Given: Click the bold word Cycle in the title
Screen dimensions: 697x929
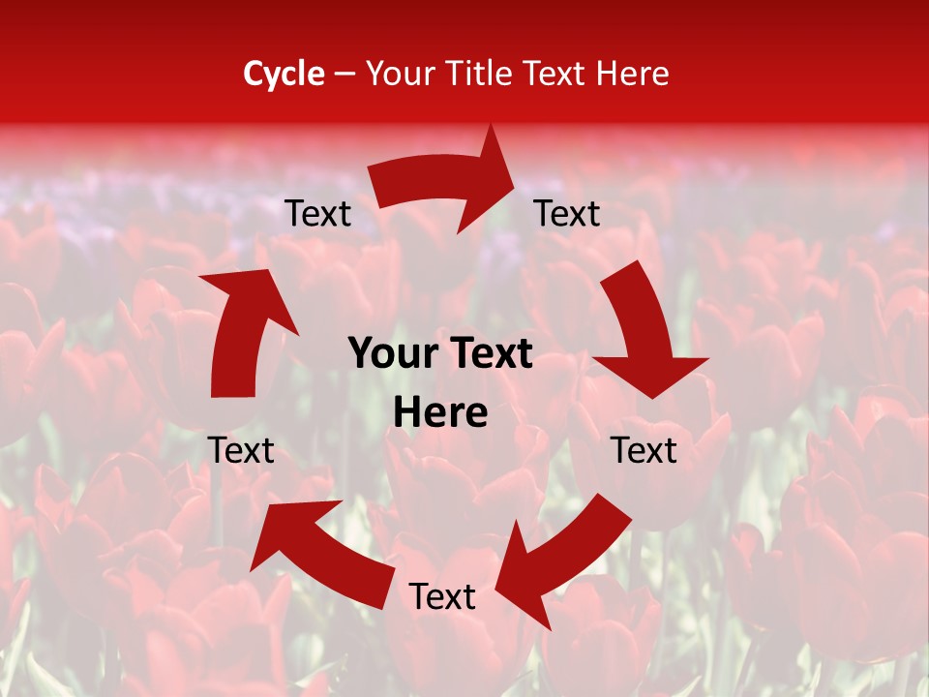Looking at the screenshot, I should click(x=284, y=74).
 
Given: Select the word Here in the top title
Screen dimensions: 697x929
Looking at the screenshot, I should click(x=631, y=74).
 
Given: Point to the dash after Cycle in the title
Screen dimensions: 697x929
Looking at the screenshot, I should click(x=345, y=75).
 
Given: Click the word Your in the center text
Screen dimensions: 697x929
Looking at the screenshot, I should click(x=385, y=354).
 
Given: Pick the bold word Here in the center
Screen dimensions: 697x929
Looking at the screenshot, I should click(x=440, y=413).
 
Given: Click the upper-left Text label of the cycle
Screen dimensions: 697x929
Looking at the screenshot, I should click(x=317, y=214).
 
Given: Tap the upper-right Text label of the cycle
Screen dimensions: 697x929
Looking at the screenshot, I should click(x=567, y=214).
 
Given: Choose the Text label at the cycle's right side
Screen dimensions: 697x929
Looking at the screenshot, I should click(x=644, y=450).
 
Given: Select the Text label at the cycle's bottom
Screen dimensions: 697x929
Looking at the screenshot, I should click(x=442, y=596).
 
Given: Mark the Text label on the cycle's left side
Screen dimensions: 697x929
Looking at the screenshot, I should click(x=241, y=450).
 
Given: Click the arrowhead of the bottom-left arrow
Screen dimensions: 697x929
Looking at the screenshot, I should click(x=285, y=537).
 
